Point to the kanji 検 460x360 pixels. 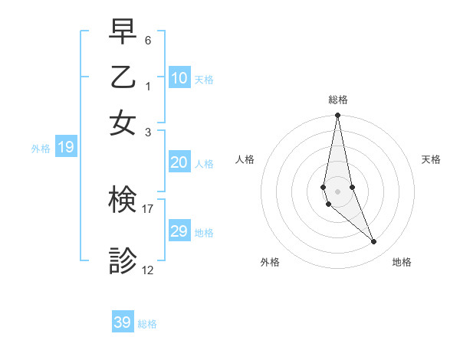click(x=123, y=201)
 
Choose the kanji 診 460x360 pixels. click(x=123, y=261)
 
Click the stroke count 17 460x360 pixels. click(x=148, y=208)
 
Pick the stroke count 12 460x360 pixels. click(x=148, y=270)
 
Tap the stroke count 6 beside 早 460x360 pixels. click(x=148, y=39)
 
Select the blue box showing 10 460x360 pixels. click(x=179, y=78)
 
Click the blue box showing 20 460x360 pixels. click(x=179, y=162)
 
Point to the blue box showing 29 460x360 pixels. click(x=179, y=231)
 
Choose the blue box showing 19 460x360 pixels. click(x=65, y=148)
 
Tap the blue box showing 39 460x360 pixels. click(x=123, y=322)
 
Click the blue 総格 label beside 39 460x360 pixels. click(x=147, y=324)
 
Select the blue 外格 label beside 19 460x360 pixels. click(x=41, y=149)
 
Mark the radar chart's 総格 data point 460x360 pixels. click(x=337, y=116)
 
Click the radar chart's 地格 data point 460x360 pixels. click(x=373, y=242)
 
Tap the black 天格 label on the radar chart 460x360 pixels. click(x=432, y=159)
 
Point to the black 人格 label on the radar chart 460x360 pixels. click(x=245, y=159)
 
